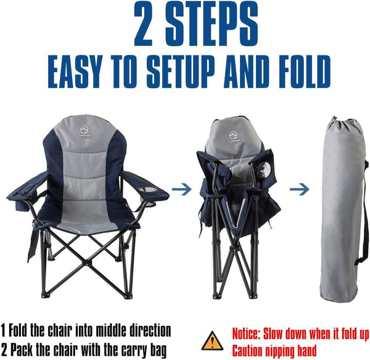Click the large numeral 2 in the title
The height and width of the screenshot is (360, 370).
(x=143, y=24)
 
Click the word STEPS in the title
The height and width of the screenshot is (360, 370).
(x=212, y=24)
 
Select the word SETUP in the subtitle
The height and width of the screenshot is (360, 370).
(x=182, y=72)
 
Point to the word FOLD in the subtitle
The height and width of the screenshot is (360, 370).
(x=302, y=72)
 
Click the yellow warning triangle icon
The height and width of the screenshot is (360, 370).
(x=212, y=341)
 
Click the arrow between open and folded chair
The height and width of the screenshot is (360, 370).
(x=181, y=189)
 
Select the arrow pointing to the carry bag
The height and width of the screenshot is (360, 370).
(x=300, y=189)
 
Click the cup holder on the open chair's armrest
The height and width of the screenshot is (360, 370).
(x=148, y=190)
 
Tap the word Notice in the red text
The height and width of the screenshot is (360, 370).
(x=246, y=333)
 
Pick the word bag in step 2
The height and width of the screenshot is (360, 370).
(x=158, y=351)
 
